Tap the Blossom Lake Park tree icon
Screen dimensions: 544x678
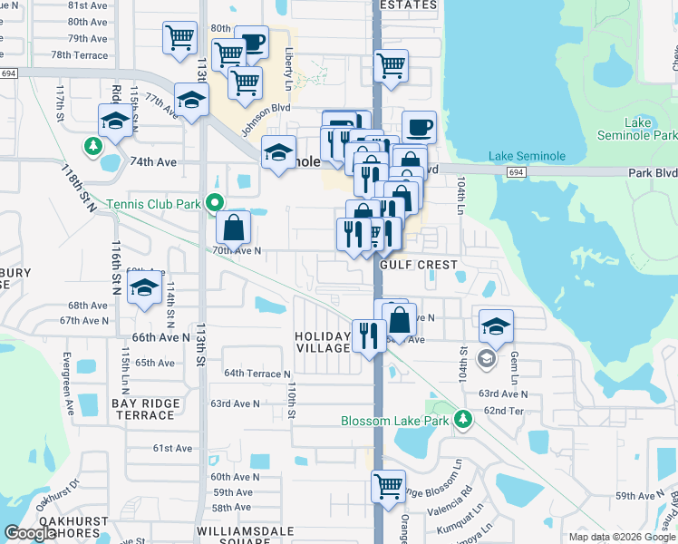coord(463,419)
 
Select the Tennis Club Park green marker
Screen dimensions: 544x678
coord(215,204)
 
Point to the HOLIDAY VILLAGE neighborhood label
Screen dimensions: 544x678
coord(322,342)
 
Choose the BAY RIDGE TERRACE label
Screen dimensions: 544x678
coord(142,408)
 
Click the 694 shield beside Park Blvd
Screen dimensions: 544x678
coord(516,171)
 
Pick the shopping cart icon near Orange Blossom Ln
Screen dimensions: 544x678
coord(389,485)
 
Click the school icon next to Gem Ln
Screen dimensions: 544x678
coord(496,325)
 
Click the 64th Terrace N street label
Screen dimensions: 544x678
coord(257,374)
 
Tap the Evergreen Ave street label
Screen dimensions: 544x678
coord(65,381)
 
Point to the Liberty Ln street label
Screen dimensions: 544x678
coord(288,63)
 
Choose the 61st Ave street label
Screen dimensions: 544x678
coord(172,448)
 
